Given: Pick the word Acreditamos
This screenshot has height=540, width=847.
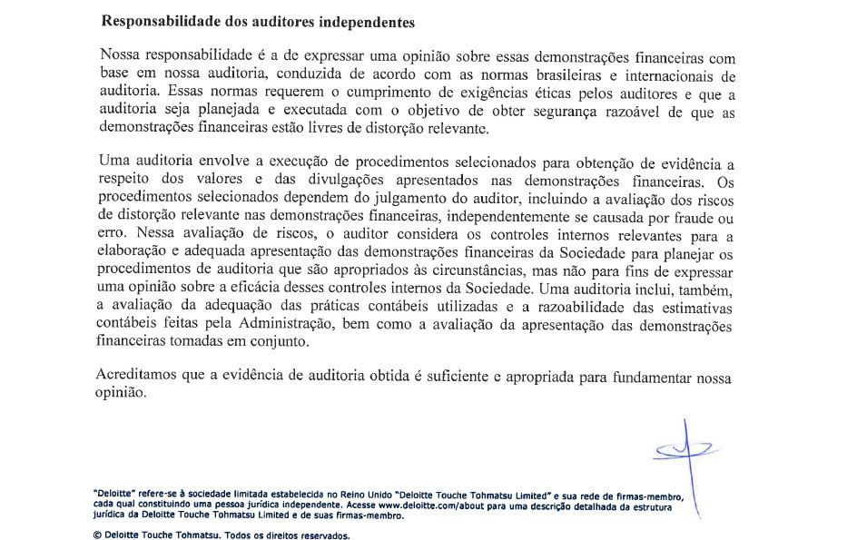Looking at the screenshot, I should (137, 377).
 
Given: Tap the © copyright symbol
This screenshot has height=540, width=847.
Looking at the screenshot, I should (97, 535).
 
